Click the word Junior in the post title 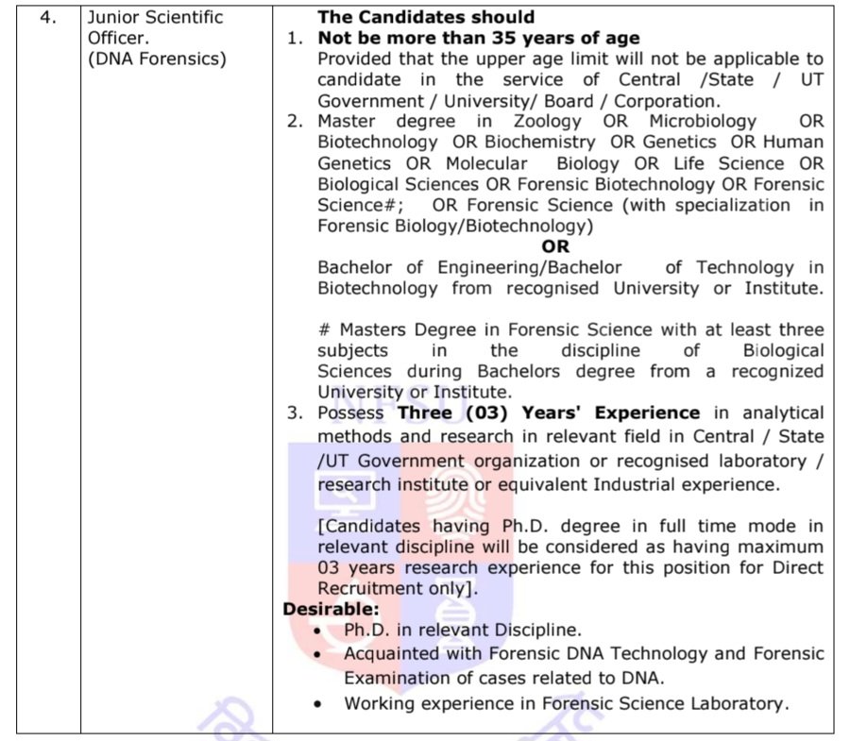[x=116, y=18]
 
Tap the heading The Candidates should [x=426, y=17]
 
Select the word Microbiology [x=703, y=122]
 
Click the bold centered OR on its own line [x=556, y=247]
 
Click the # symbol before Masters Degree [x=323, y=330]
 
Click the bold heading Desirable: [x=331, y=610]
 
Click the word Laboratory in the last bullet [x=734, y=703]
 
